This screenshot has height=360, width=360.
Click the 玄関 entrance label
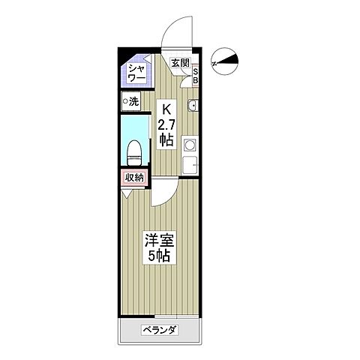coord(179,64)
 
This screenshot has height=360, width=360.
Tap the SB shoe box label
coord(196,76)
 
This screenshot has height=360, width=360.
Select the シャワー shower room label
coord(136,73)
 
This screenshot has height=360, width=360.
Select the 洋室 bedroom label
coord(157,241)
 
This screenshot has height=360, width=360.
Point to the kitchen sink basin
coord(191,104)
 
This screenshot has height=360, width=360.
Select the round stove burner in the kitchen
coord(190,144)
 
